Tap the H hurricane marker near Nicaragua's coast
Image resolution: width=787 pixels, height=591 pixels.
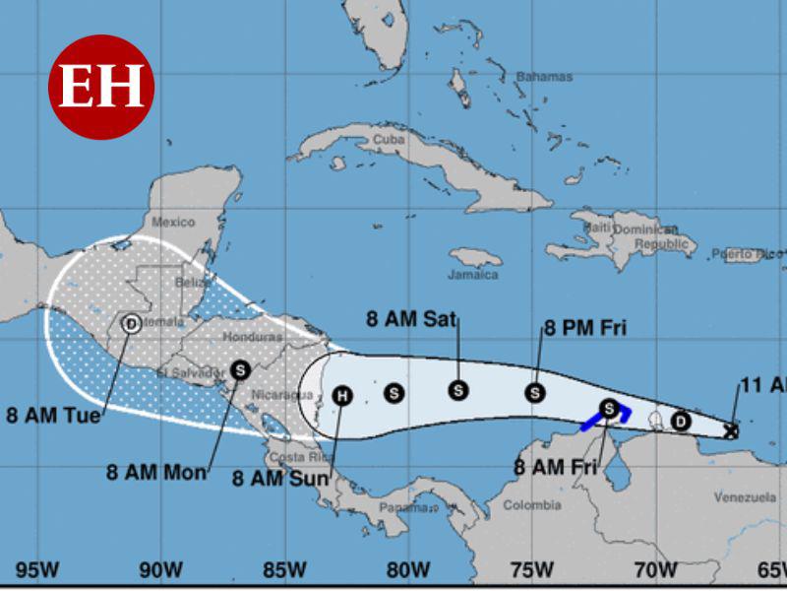point(341,396)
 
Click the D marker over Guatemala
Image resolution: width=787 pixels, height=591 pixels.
point(130,322)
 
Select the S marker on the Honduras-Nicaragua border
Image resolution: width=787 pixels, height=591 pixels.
point(240,370)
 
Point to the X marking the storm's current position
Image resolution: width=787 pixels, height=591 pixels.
point(730,429)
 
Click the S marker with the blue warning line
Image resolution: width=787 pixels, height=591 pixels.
point(609,408)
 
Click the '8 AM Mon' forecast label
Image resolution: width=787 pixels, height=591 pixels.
point(156,472)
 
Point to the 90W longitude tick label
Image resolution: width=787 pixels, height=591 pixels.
point(160,569)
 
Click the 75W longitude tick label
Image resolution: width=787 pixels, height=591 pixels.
point(531,569)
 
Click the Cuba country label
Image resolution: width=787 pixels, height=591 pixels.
point(389,140)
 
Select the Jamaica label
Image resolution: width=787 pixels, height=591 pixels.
point(473,274)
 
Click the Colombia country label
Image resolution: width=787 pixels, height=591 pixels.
point(532,505)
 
